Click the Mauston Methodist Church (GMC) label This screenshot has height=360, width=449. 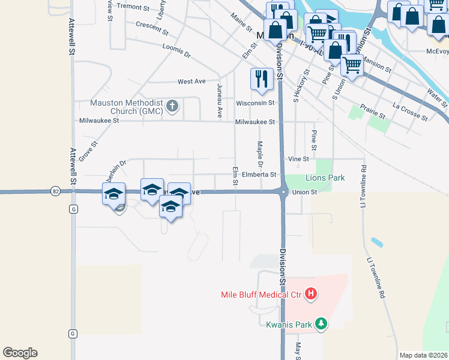tap(127, 106)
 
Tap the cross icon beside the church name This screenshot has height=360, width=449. tap(172, 107)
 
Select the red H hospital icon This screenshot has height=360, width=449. tap(311, 293)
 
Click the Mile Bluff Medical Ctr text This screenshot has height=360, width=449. tap(261, 294)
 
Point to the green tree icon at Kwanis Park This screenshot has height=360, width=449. tap(321, 325)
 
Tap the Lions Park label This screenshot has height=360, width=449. tap(325, 178)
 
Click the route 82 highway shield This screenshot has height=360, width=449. tap(55, 191)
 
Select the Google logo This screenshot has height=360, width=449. tap(20, 353)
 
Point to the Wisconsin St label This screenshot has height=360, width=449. tap(255, 103)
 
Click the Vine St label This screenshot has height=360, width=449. tap(298, 159)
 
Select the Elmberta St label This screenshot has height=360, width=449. tap(259, 175)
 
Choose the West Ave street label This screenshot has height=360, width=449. tap(191, 81)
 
